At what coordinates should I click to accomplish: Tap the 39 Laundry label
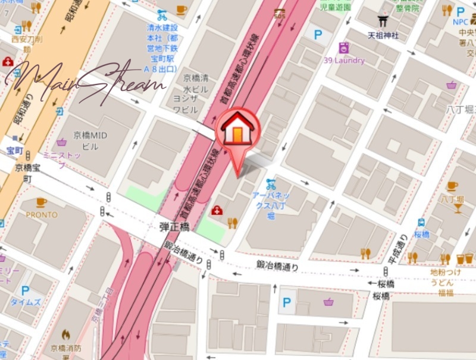tap(345, 61)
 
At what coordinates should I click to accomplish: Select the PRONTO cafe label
tap(42, 215)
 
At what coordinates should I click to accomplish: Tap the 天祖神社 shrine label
tap(383, 36)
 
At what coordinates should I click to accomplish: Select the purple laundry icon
tap(343, 48)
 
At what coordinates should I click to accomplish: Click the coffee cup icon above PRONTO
tap(41, 203)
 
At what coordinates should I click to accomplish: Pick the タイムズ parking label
tap(25, 302)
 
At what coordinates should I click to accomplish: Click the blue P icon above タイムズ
tap(25, 291)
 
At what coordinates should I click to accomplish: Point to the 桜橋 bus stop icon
tap(421, 223)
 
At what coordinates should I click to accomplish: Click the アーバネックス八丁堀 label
tap(271, 205)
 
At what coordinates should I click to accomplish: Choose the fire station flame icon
tap(65, 335)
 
